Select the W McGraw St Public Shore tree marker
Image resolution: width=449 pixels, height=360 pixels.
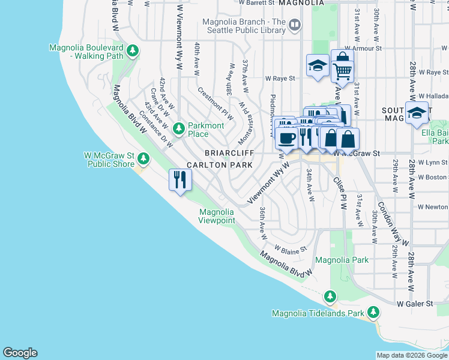click(x=143, y=158)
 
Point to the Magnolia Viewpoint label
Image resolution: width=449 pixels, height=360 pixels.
click(x=217, y=216)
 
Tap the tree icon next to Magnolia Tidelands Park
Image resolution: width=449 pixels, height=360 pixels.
click(x=373, y=313)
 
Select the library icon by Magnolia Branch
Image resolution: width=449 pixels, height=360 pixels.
click(x=294, y=25)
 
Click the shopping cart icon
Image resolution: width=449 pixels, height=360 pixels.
click(x=342, y=71)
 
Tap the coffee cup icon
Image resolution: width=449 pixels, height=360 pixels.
click(x=286, y=138)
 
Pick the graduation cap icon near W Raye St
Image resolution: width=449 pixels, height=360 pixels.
click(x=317, y=65)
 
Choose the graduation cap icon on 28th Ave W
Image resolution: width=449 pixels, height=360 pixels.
click(x=416, y=113)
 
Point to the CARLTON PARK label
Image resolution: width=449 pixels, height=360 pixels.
click(x=212, y=164)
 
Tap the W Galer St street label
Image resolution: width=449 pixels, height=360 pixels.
click(x=415, y=304)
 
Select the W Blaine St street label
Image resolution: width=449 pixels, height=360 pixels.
click(x=291, y=248)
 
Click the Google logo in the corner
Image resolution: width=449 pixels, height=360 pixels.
click(x=20, y=353)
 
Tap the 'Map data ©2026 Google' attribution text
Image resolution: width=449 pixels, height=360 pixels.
click(x=411, y=355)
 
